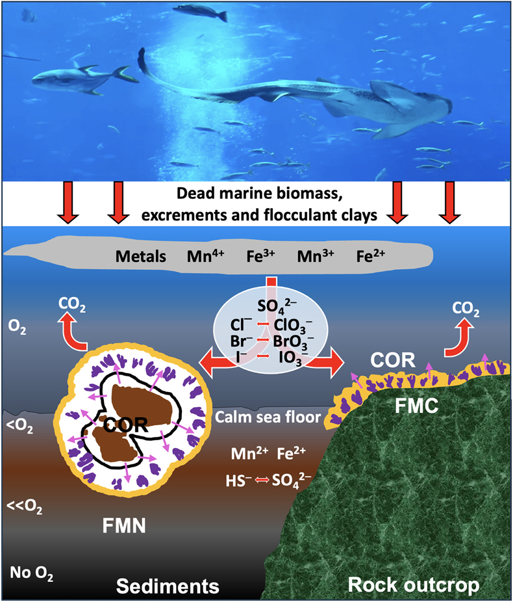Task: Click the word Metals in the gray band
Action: [x=141, y=256]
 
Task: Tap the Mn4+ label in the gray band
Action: [x=205, y=255]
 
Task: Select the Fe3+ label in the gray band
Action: [x=260, y=255]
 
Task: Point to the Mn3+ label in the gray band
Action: [x=316, y=255]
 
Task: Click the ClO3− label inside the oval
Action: [x=293, y=326]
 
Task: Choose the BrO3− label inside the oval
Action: [x=294, y=342]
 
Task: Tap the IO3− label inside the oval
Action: [x=294, y=358]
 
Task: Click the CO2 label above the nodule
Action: [x=71, y=304]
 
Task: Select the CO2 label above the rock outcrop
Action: [x=466, y=309]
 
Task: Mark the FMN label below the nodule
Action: [x=124, y=525]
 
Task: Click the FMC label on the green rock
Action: [x=416, y=406]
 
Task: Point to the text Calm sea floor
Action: [x=268, y=417]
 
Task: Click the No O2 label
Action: [x=31, y=573]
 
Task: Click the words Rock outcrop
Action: [x=413, y=585]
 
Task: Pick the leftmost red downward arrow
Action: [x=68, y=202]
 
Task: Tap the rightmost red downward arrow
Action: [x=449, y=202]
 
